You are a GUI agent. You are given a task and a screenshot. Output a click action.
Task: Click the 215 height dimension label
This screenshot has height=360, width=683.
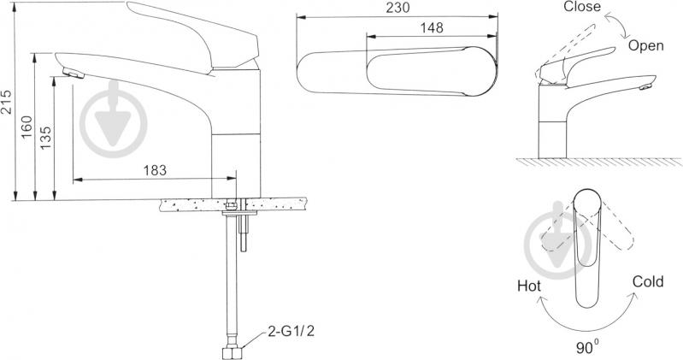point(7,102)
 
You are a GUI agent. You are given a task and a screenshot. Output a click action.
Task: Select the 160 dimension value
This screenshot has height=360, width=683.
point(27,127)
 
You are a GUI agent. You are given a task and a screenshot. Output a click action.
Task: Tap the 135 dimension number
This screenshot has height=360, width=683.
point(45,138)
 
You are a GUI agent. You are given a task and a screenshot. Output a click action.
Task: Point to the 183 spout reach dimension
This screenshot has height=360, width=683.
point(155,170)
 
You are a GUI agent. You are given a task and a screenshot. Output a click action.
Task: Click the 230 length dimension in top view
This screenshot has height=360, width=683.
point(398,8)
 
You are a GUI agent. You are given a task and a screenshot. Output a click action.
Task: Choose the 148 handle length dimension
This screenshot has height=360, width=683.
point(431,27)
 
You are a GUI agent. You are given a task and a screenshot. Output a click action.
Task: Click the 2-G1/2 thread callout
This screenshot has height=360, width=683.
point(291,331)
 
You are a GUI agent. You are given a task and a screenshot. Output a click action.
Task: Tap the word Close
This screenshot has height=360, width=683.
point(582,7)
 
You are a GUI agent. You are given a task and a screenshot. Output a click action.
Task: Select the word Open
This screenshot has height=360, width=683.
point(645,46)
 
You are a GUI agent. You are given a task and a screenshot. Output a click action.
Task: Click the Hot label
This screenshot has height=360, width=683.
point(529,286)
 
